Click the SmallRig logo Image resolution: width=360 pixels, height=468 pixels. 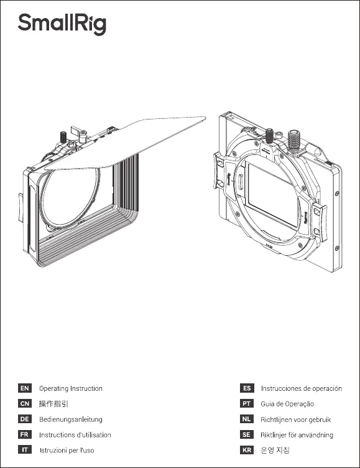pos(62,24)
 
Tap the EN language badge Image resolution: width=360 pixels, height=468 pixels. pos(25,388)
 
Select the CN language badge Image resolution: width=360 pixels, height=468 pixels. pos(25,403)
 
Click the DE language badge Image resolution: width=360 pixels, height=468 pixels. pos(25,419)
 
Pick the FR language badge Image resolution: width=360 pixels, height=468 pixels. pos(25,434)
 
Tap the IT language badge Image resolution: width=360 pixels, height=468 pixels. pos(25,450)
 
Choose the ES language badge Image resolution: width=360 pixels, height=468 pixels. pos(247,388)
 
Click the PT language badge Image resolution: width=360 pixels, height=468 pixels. pos(247,403)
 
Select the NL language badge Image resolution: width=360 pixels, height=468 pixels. pos(247,419)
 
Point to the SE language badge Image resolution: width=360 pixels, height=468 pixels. pos(247,434)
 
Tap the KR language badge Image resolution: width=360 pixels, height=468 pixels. pos(247,450)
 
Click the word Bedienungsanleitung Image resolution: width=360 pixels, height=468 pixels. pos(71,419)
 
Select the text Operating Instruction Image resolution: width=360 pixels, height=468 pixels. pos(71,388)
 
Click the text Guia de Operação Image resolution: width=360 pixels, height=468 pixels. pos(287,404)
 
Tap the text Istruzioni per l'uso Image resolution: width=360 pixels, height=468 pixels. pos(67,450)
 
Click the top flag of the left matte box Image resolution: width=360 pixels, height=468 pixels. pos(125,143)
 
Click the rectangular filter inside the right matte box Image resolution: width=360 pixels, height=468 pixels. pos(273,195)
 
